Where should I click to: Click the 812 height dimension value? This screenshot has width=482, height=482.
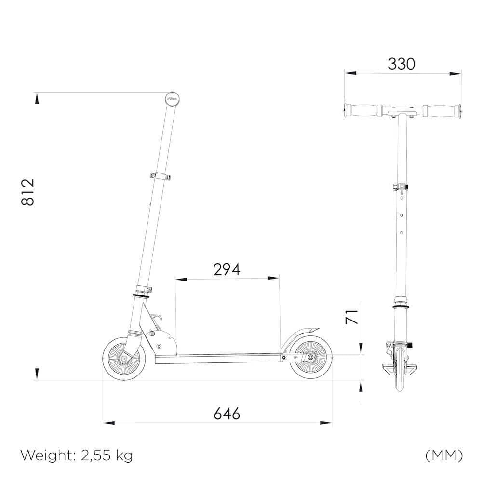point(28,192)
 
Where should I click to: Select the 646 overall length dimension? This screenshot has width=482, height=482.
point(227,413)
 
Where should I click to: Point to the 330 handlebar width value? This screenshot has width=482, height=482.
point(402,64)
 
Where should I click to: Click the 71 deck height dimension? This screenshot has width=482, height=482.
point(353,317)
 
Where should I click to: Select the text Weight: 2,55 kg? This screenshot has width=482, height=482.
point(77,455)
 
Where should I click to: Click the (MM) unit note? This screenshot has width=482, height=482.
point(444,455)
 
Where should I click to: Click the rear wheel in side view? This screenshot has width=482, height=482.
point(310,357)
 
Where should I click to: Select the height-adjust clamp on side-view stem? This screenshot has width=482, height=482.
point(161,175)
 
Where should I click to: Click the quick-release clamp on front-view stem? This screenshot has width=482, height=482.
point(400,187)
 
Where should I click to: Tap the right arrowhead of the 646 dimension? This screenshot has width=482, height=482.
point(327,423)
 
